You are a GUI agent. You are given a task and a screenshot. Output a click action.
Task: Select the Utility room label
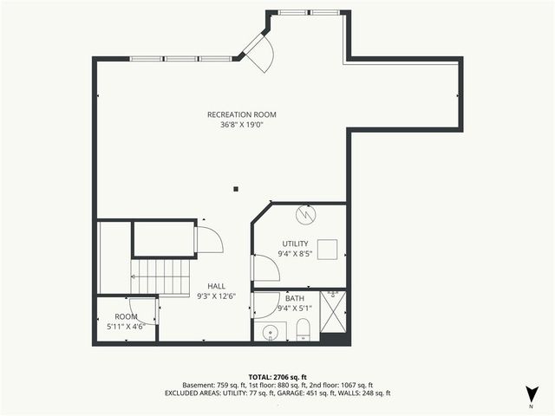tap(295, 244)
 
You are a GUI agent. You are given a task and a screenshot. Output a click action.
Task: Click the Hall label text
tap(216, 286)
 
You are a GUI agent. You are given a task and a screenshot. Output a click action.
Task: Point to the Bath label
tap(295, 298)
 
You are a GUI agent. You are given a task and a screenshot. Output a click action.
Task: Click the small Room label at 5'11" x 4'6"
tap(127, 317)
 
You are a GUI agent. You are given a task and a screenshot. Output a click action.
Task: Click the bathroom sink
tap(270, 331)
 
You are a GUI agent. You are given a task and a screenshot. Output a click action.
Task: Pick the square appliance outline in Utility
tap(327, 250)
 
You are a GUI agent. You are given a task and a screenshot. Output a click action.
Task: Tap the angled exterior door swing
tap(258, 50)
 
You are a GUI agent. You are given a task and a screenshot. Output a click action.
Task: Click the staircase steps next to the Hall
tap(161, 277)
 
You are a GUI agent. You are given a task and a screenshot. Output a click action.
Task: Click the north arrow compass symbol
tap(530, 393)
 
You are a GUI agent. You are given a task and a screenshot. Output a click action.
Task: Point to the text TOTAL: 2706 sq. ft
tap(277, 377)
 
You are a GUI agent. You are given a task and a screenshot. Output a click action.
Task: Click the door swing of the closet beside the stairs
tap(209, 240)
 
